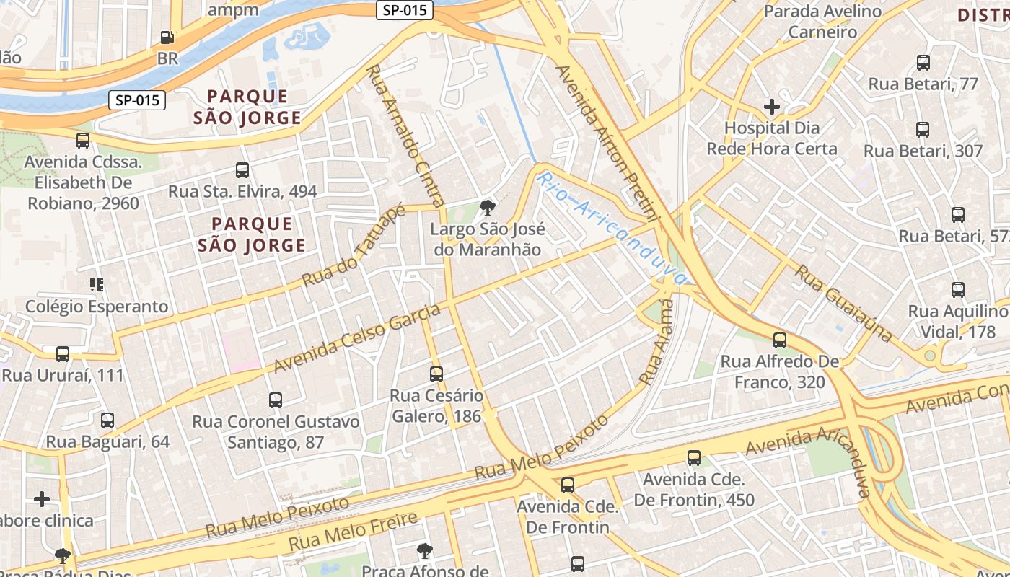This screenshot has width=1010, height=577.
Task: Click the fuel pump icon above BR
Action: click(167, 38)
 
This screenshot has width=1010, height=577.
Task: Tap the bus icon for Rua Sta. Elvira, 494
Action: click(242, 170)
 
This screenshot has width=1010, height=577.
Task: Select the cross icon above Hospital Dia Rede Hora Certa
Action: click(772, 107)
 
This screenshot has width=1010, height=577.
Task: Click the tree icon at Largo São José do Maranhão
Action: click(488, 208)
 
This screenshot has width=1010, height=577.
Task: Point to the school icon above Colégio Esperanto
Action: click(97, 285)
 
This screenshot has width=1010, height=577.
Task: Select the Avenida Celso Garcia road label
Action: click(358, 339)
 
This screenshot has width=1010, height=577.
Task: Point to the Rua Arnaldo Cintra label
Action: click(406, 136)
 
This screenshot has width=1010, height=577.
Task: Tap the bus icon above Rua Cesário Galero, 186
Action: click(436, 374)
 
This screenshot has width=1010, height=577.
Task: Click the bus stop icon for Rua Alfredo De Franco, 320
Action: click(780, 340)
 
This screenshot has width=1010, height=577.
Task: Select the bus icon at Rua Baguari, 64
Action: click(107, 420)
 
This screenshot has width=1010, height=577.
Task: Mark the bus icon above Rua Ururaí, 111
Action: click(63, 354)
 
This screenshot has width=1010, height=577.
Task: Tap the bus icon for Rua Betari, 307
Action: click(923, 130)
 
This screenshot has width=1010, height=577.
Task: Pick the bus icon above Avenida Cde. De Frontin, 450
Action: click(694, 457)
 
